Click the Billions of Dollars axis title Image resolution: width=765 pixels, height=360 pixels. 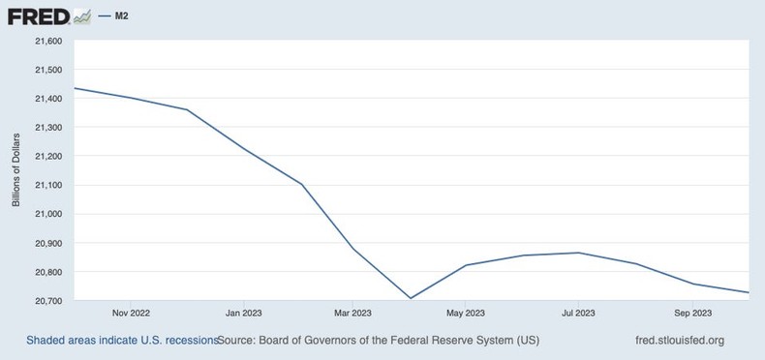click(16, 171)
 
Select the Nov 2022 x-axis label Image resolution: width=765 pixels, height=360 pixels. click(131, 314)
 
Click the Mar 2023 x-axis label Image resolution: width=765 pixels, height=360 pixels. click(352, 314)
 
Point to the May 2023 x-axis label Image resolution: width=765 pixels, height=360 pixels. click(466, 314)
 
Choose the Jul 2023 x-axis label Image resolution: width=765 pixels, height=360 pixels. click(578, 314)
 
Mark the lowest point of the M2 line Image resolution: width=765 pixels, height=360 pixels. click(410, 298)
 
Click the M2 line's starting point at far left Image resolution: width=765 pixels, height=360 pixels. click(75, 88)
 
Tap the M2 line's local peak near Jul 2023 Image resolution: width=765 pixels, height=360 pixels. click(578, 253)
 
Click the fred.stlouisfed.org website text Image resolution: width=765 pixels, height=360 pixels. click(677, 341)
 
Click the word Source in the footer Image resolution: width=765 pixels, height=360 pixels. click(239, 341)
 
